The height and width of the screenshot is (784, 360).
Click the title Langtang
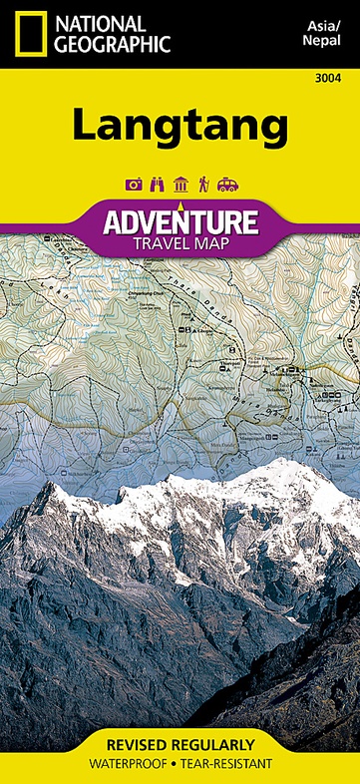180,127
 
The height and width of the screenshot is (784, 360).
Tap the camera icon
133,184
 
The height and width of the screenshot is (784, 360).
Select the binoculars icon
157,184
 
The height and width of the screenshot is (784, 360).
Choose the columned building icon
180,184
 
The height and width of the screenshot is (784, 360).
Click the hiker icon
203,184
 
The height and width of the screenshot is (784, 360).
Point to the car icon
227,184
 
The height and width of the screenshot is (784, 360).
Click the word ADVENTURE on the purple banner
180,220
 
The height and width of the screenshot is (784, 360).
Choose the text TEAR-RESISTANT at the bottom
226,766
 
